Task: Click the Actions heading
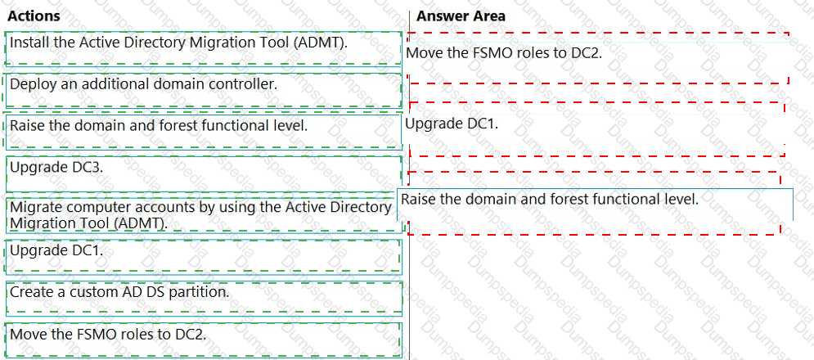(34, 16)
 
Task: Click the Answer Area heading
(461, 16)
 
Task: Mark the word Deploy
(30, 83)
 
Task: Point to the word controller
(246, 83)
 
